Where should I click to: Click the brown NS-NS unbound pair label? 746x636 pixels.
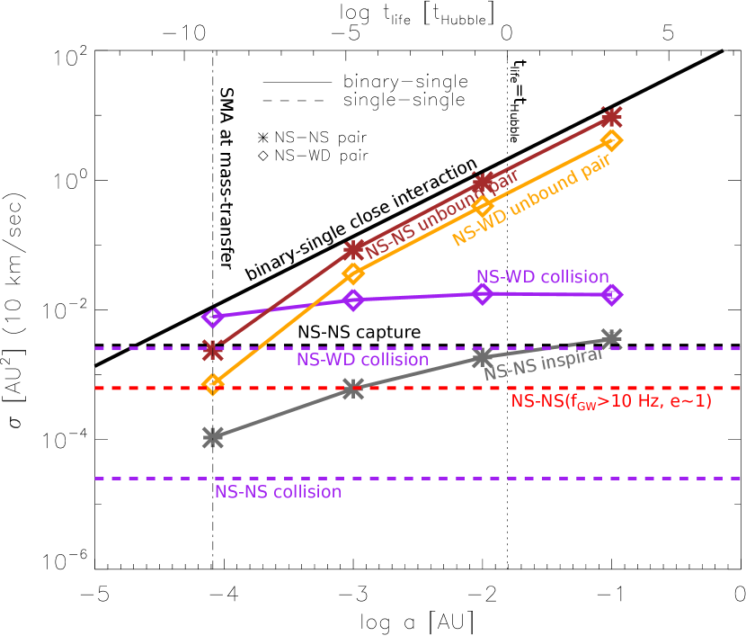pyautogui.click(x=442, y=212)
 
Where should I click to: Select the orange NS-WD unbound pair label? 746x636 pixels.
pyautogui.click(x=531, y=200)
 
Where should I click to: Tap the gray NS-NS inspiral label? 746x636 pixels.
pyautogui.click(x=542, y=363)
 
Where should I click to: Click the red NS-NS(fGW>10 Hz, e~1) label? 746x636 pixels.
pyautogui.click(x=611, y=401)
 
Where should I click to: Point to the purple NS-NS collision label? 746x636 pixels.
pyautogui.click(x=278, y=492)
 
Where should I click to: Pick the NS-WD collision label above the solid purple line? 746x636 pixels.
pyautogui.click(x=542, y=277)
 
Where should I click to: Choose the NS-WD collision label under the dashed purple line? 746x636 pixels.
pyautogui.click(x=362, y=360)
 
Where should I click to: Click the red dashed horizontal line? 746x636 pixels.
pyautogui.click(x=135, y=389)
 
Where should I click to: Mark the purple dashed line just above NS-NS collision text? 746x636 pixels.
pyautogui.click(x=135, y=479)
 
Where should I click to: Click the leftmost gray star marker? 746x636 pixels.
pyautogui.click(x=213, y=437)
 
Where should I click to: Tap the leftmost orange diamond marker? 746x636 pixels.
pyautogui.click(x=213, y=384)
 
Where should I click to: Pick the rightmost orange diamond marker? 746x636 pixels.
pyautogui.click(x=611, y=139)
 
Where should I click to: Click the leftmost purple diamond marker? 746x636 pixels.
pyautogui.click(x=213, y=317)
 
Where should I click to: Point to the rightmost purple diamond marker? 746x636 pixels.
pyautogui.click(x=611, y=294)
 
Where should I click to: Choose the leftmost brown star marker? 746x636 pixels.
pyautogui.click(x=213, y=349)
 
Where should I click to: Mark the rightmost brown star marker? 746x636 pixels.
pyautogui.click(x=611, y=118)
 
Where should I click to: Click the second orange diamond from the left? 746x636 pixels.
pyautogui.click(x=353, y=273)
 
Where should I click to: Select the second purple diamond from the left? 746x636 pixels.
pyautogui.click(x=353, y=300)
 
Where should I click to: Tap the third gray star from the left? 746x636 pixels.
pyautogui.click(x=483, y=357)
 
